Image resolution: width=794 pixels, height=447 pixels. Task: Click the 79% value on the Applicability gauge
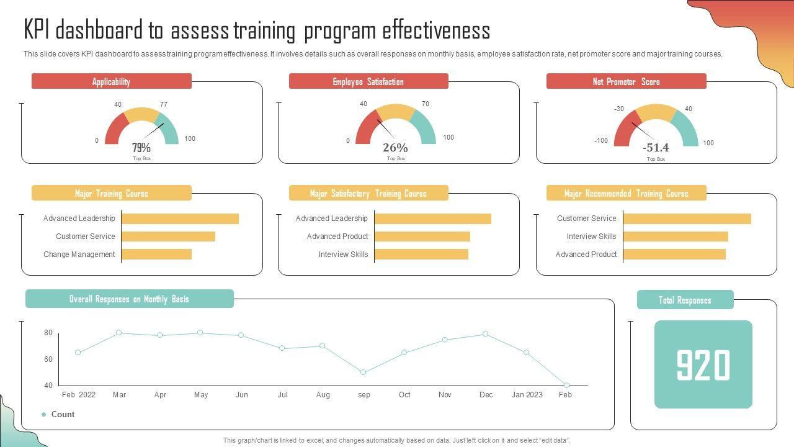click(x=141, y=148)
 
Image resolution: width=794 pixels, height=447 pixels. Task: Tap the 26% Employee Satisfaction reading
click(x=395, y=148)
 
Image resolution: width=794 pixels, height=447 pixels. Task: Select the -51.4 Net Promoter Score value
click(x=656, y=148)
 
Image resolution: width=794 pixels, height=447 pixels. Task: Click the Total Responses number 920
click(x=703, y=365)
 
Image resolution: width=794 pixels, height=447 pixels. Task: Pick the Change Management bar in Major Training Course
click(x=157, y=254)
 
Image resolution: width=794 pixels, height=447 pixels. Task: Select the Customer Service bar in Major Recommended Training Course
click(x=687, y=219)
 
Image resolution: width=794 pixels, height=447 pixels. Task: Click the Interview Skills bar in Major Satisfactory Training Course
click(x=421, y=254)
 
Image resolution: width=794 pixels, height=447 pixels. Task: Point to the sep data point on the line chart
click(x=364, y=372)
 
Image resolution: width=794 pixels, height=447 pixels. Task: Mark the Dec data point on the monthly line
click(x=486, y=334)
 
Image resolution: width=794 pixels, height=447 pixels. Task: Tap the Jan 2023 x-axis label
click(x=527, y=395)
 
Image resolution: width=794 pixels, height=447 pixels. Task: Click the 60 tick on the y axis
click(x=48, y=359)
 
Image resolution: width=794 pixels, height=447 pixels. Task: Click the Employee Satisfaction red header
click(x=368, y=81)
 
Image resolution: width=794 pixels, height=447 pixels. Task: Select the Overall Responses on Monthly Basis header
click(x=129, y=299)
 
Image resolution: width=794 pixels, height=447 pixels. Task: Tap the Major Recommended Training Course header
click(x=626, y=193)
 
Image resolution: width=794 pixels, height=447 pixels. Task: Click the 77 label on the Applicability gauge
click(x=164, y=104)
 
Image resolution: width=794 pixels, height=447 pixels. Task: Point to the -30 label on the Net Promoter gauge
click(x=619, y=109)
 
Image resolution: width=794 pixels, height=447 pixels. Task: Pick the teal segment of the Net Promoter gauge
click(x=687, y=127)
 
